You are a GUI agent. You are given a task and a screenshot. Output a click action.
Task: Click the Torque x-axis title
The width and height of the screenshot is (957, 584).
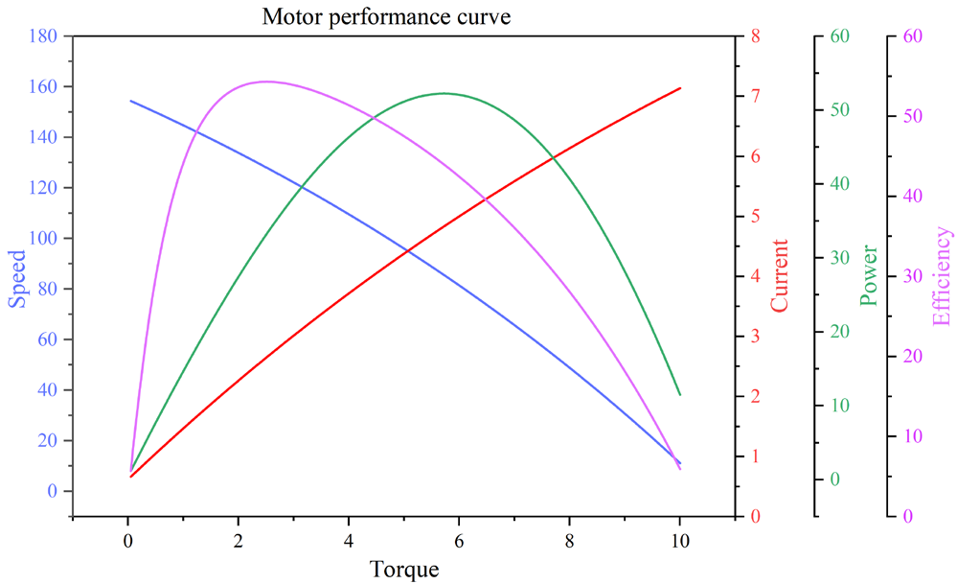404,569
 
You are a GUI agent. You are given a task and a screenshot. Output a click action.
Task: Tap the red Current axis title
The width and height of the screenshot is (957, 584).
779,276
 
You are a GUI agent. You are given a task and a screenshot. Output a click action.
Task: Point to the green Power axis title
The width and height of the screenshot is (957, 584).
869,276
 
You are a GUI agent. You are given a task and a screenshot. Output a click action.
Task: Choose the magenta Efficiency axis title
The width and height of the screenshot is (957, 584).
943,276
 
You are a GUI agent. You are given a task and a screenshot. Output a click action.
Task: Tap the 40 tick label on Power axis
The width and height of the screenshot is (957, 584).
839,184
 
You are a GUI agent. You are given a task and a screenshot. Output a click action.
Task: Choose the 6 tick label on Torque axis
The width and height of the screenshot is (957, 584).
459,539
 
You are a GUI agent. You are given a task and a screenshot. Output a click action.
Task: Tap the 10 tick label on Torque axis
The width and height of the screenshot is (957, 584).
679,539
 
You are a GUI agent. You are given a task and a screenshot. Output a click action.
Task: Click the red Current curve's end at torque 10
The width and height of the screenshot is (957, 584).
680,88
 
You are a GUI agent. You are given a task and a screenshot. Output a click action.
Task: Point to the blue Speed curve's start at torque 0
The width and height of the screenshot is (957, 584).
130,101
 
